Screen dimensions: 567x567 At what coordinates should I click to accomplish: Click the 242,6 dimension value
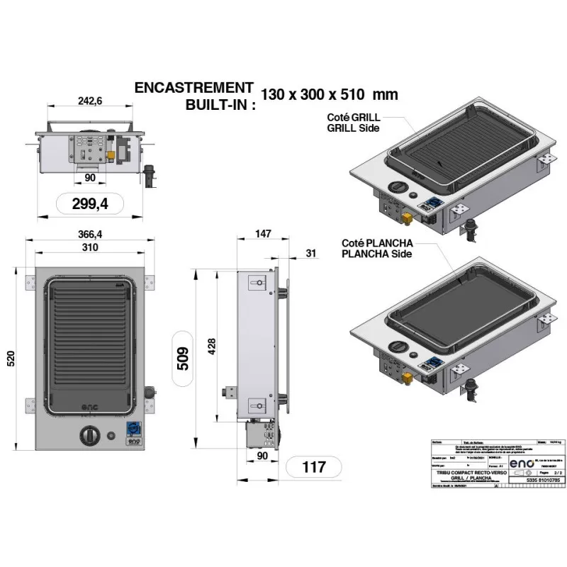(x=89, y=102)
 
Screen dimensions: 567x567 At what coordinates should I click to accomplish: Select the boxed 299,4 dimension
(x=90, y=204)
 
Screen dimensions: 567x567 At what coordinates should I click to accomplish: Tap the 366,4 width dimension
(x=89, y=235)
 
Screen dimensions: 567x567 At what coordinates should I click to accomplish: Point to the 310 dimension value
(x=89, y=247)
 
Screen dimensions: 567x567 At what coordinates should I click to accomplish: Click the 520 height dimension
(x=11, y=360)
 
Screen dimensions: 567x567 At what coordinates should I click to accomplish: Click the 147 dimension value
(x=263, y=235)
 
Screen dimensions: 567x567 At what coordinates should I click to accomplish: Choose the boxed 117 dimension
(x=313, y=467)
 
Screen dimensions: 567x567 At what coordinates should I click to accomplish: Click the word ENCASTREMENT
(x=193, y=88)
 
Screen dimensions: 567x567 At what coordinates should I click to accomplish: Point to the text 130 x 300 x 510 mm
(x=329, y=94)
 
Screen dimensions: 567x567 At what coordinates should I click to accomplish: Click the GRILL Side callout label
(x=352, y=128)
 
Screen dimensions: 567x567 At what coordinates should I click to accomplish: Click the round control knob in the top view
(x=90, y=434)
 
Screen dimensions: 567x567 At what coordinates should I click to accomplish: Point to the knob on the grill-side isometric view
(x=398, y=186)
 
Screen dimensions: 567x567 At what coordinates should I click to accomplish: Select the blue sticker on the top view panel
(x=133, y=427)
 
